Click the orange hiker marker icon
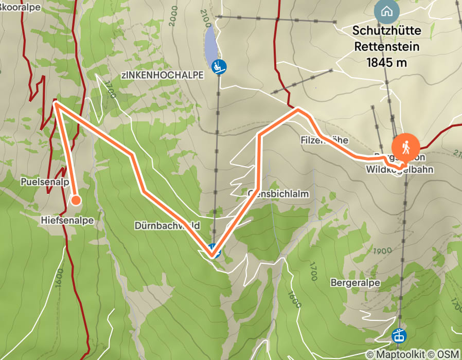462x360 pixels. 406,146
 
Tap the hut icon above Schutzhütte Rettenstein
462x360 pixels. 387,11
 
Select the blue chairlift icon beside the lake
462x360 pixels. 220,66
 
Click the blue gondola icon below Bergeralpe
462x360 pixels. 399,336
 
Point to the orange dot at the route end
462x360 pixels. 76,200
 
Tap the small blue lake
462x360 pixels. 210,43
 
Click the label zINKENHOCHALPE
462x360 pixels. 163,75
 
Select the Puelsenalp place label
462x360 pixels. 45,182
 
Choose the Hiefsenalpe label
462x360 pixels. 66,220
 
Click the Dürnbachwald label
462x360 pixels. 167,225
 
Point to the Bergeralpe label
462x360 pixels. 355,283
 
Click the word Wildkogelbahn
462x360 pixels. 399,169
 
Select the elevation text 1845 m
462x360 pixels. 386,63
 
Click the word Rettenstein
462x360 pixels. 386,47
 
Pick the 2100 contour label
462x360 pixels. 207,21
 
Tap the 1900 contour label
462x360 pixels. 380,251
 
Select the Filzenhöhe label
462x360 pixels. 325,140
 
